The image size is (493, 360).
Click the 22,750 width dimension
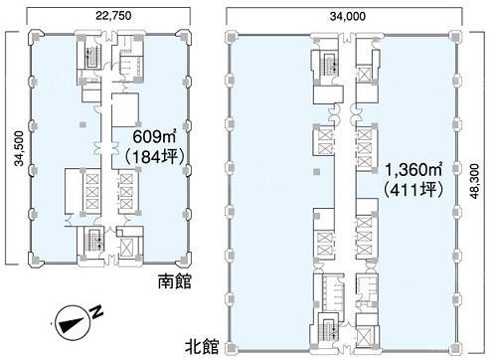click(113, 15)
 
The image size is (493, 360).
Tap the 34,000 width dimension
click(348, 16)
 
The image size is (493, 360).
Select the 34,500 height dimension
click(19, 148)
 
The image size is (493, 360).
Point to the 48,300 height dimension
click(474, 181)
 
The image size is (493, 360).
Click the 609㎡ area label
click(154, 136)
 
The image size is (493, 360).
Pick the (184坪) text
click(154, 156)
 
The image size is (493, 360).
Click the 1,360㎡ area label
click(413, 170)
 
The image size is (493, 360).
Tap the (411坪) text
click(412, 190)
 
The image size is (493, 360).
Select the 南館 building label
click(175, 281)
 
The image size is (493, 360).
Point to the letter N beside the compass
click(96, 312)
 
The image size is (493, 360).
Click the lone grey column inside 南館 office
click(82, 125)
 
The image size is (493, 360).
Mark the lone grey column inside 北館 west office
click(317, 172)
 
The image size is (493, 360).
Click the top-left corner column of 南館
click(36, 36)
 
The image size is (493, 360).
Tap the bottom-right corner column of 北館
click(455, 348)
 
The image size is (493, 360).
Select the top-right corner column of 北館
click(455, 36)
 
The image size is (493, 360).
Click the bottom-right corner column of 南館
click(184, 260)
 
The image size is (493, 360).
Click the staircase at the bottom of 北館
click(328, 330)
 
